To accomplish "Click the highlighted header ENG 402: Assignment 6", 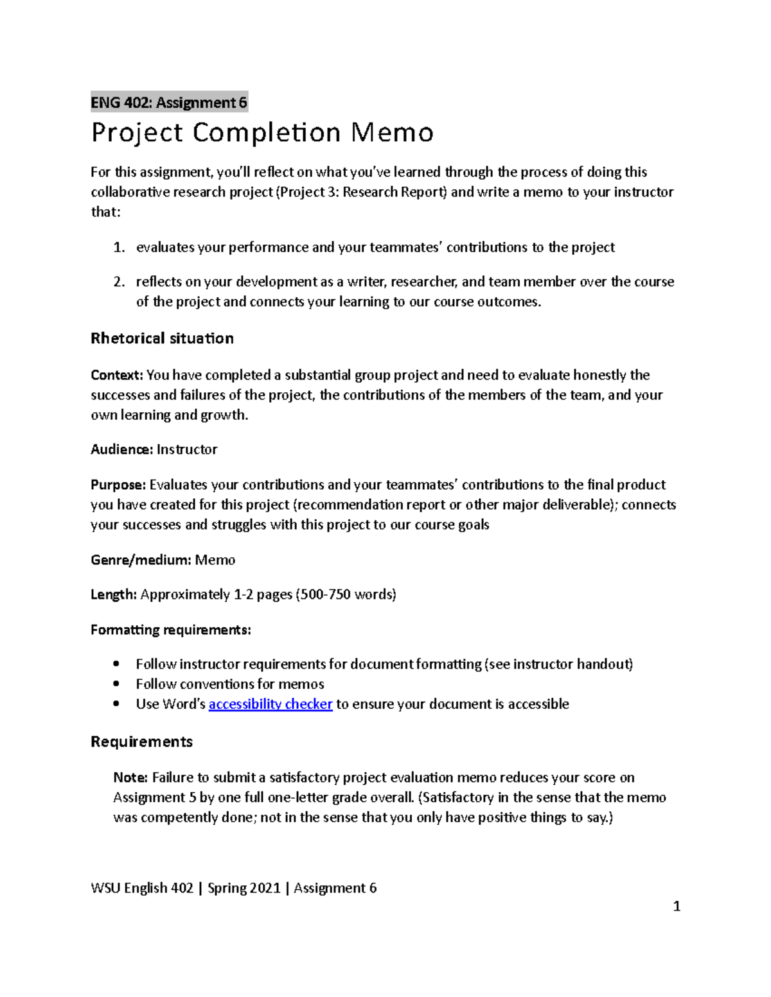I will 169,102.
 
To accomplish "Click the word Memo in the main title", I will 392,133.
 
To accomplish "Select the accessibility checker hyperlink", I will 270,704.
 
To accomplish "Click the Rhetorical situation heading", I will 162,338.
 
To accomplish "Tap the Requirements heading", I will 141,741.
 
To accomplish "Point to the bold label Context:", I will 117,375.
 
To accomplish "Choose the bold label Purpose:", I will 119,485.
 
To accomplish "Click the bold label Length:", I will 114,594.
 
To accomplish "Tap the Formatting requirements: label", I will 170,630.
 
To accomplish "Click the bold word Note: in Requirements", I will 130,777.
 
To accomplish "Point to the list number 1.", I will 118,248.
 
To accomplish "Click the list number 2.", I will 118,282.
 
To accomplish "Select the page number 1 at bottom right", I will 676,906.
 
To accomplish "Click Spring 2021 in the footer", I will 244,888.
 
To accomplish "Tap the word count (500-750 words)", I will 346,594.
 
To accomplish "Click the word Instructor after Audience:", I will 187,449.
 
